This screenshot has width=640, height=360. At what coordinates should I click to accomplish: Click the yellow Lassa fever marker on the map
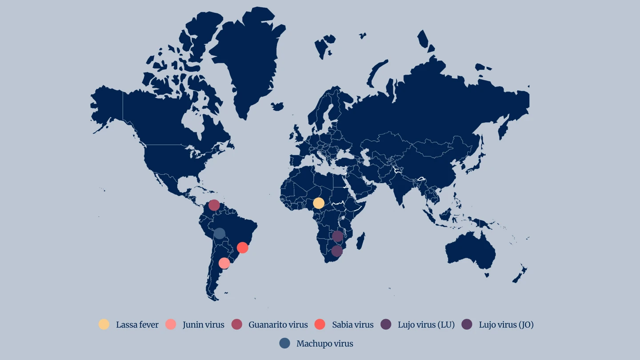pyautogui.click(x=319, y=203)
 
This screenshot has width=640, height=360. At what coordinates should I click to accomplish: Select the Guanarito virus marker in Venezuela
pyautogui.click(x=214, y=205)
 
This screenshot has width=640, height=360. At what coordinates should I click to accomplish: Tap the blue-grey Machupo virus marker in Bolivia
pyautogui.click(x=220, y=233)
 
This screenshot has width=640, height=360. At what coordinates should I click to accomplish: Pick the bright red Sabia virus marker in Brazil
pyautogui.click(x=242, y=248)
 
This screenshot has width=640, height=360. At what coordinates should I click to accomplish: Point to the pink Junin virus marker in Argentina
pyautogui.click(x=224, y=263)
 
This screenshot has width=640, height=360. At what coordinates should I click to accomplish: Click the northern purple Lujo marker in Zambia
pyautogui.click(x=338, y=236)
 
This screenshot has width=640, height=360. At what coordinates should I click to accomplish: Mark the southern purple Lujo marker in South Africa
pyautogui.click(x=337, y=251)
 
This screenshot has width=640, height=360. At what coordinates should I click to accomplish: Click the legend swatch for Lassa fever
pyautogui.click(x=104, y=324)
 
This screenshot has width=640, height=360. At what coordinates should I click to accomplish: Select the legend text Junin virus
pyautogui.click(x=203, y=325)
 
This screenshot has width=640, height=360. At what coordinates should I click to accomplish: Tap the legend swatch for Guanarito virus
pyautogui.click(x=237, y=324)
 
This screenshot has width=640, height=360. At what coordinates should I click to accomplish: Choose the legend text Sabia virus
pyautogui.click(x=352, y=325)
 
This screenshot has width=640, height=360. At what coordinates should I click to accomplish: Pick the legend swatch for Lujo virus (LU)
pyautogui.click(x=386, y=324)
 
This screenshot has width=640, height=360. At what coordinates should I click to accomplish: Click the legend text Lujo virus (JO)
pyautogui.click(x=506, y=325)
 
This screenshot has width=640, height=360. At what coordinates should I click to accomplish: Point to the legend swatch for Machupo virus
pyautogui.click(x=285, y=343)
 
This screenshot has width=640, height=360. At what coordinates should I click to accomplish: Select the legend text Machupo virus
pyautogui.click(x=324, y=344)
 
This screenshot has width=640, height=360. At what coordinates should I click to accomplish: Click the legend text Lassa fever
pyautogui.click(x=137, y=325)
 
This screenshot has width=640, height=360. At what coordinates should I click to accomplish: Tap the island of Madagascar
pyautogui.click(x=360, y=241)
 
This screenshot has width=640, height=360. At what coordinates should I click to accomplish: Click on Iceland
pyautogui.click(x=277, y=107)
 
